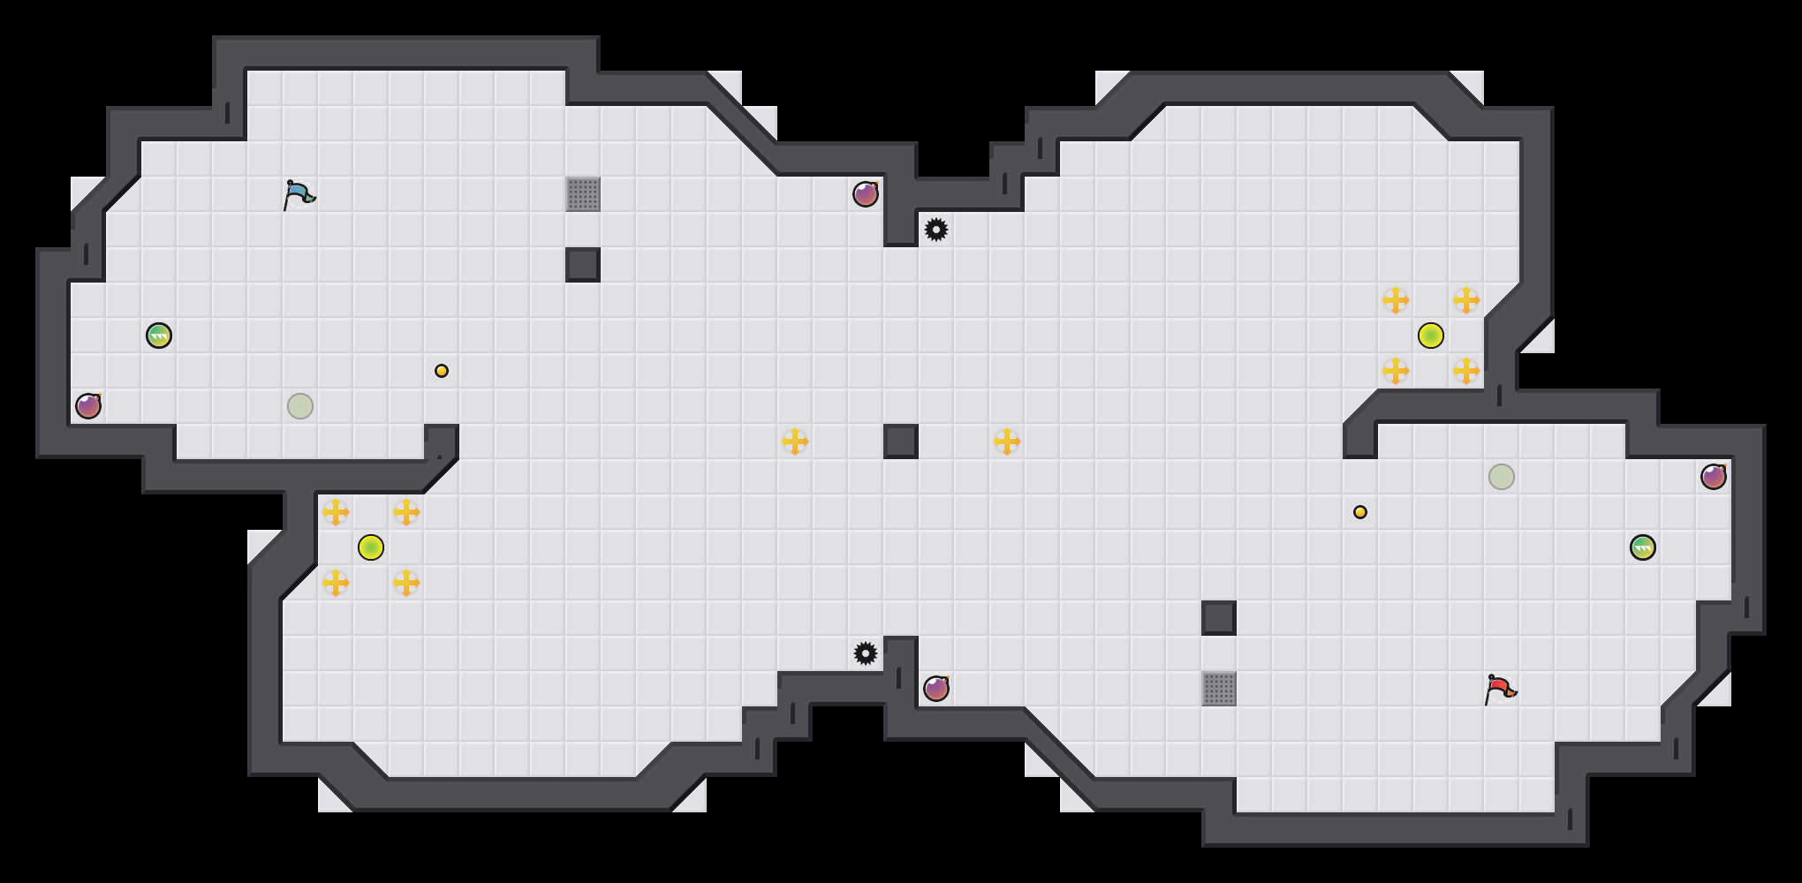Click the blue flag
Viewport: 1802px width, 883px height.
299,194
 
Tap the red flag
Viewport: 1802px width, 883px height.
1500,689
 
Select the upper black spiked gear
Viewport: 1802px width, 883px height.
936,230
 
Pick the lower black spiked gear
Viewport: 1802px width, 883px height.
866,653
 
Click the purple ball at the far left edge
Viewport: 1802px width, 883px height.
88,406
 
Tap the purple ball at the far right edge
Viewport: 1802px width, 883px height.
1714,477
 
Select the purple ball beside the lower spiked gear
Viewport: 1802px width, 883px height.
936,689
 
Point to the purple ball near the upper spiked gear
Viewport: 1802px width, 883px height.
866,194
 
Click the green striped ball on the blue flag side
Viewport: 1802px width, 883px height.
159,336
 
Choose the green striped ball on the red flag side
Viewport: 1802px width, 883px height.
1643,547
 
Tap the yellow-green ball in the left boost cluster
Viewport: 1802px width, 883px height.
371,547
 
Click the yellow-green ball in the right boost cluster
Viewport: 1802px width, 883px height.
1431,336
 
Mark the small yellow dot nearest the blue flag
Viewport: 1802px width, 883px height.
442,371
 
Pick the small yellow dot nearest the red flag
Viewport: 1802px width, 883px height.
1360,512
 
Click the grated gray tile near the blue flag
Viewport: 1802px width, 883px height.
583,194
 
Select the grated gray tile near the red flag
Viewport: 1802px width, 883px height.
1219,689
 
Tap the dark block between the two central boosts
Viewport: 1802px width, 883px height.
901,441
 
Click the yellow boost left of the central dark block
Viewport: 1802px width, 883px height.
795,441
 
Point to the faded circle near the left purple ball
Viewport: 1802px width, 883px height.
300,406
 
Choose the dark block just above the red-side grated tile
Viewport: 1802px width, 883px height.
1219,618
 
